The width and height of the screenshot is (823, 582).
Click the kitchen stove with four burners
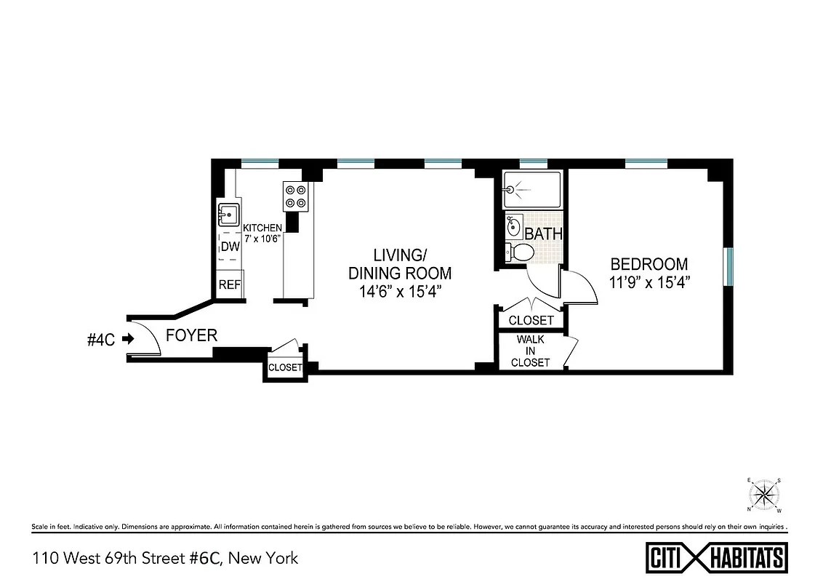294,196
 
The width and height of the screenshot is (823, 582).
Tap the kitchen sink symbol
228,215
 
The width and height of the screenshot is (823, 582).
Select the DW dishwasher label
230,247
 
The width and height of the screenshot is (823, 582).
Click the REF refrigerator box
230,284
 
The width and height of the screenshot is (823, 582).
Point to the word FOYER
192,335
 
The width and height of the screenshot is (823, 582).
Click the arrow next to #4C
129,338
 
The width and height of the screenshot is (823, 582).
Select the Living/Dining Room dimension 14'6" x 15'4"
400,291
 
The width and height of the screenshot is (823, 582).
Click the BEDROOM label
649,264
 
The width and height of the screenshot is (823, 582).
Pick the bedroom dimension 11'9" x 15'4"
649,282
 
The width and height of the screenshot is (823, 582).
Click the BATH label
544,234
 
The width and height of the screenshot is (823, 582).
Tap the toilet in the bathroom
521,252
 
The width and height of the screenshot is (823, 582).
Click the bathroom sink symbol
513,226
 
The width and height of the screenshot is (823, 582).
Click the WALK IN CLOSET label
530,351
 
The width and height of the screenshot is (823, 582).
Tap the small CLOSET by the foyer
285,367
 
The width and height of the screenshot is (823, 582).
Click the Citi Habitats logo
715,558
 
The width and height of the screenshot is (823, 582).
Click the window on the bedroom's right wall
728,268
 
